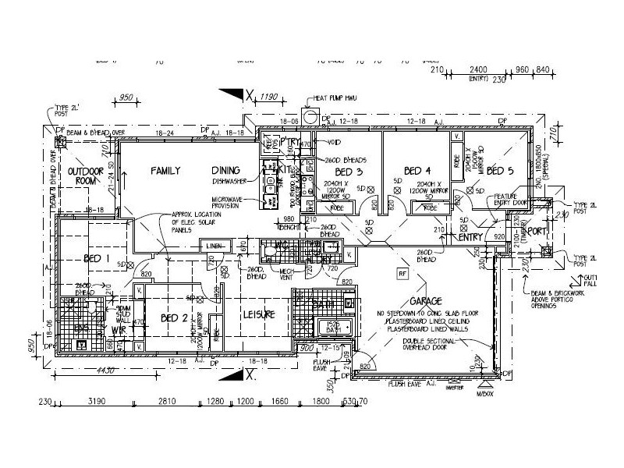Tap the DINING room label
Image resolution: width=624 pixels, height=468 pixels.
point(229,170)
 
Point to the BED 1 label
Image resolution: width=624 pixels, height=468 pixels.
point(97,258)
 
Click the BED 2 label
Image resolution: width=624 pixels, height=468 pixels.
point(175,318)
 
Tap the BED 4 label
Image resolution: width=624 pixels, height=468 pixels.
point(418,171)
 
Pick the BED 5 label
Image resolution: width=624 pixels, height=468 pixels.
point(500,171)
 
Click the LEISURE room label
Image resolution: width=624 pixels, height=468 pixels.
point(259,314)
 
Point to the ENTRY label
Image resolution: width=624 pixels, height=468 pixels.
point(471,237)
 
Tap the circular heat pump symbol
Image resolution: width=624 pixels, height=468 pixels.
point(310,118)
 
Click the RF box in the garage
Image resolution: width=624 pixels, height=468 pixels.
point(402,274)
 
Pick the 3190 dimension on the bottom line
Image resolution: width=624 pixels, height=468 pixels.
point(97,403)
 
